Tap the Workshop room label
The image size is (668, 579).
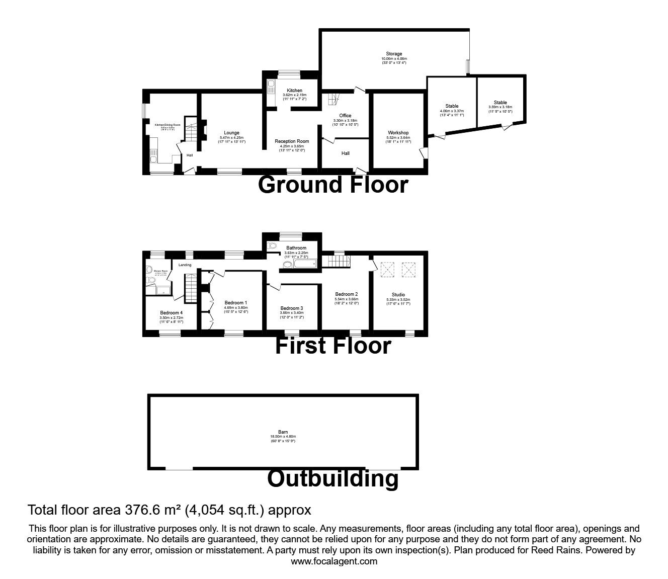398,133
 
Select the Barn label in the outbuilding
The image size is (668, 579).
283,432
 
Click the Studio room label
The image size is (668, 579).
398,295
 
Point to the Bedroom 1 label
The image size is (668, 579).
236,302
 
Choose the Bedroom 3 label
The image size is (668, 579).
292,308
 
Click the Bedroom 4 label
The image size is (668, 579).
172,312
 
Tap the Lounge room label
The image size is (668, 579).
231,133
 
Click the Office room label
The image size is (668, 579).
345,116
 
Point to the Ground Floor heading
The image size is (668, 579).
332,185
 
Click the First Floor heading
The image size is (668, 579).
332,346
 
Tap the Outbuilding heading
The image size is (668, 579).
332,478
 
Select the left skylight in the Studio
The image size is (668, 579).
388,270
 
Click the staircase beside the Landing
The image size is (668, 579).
190,288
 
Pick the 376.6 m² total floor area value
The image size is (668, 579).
153,510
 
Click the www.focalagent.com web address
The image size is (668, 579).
334,561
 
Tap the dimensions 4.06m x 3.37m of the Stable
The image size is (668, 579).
452,111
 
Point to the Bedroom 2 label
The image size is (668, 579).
347,294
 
